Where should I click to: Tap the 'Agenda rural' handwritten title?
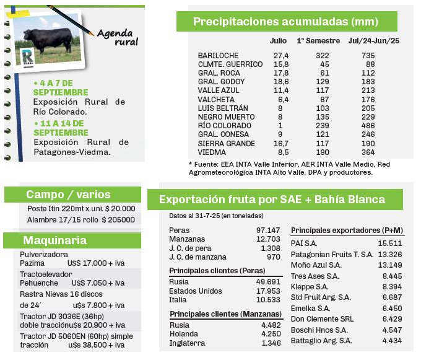[118, 37]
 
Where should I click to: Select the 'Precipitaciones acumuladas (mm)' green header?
[285, 22]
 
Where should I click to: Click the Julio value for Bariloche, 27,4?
[280, 56]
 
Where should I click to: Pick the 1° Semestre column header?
[318, 41]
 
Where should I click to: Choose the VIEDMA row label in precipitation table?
[212, 152]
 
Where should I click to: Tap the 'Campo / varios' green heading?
[68, 195]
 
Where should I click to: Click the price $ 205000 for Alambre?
[118, 220]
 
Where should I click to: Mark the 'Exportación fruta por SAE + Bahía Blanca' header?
[272, 200]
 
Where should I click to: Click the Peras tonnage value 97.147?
[268, 230]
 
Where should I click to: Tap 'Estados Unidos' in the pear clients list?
[196, 291]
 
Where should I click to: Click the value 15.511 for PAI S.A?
[390, 243]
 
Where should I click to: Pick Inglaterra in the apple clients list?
[189, 343]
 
